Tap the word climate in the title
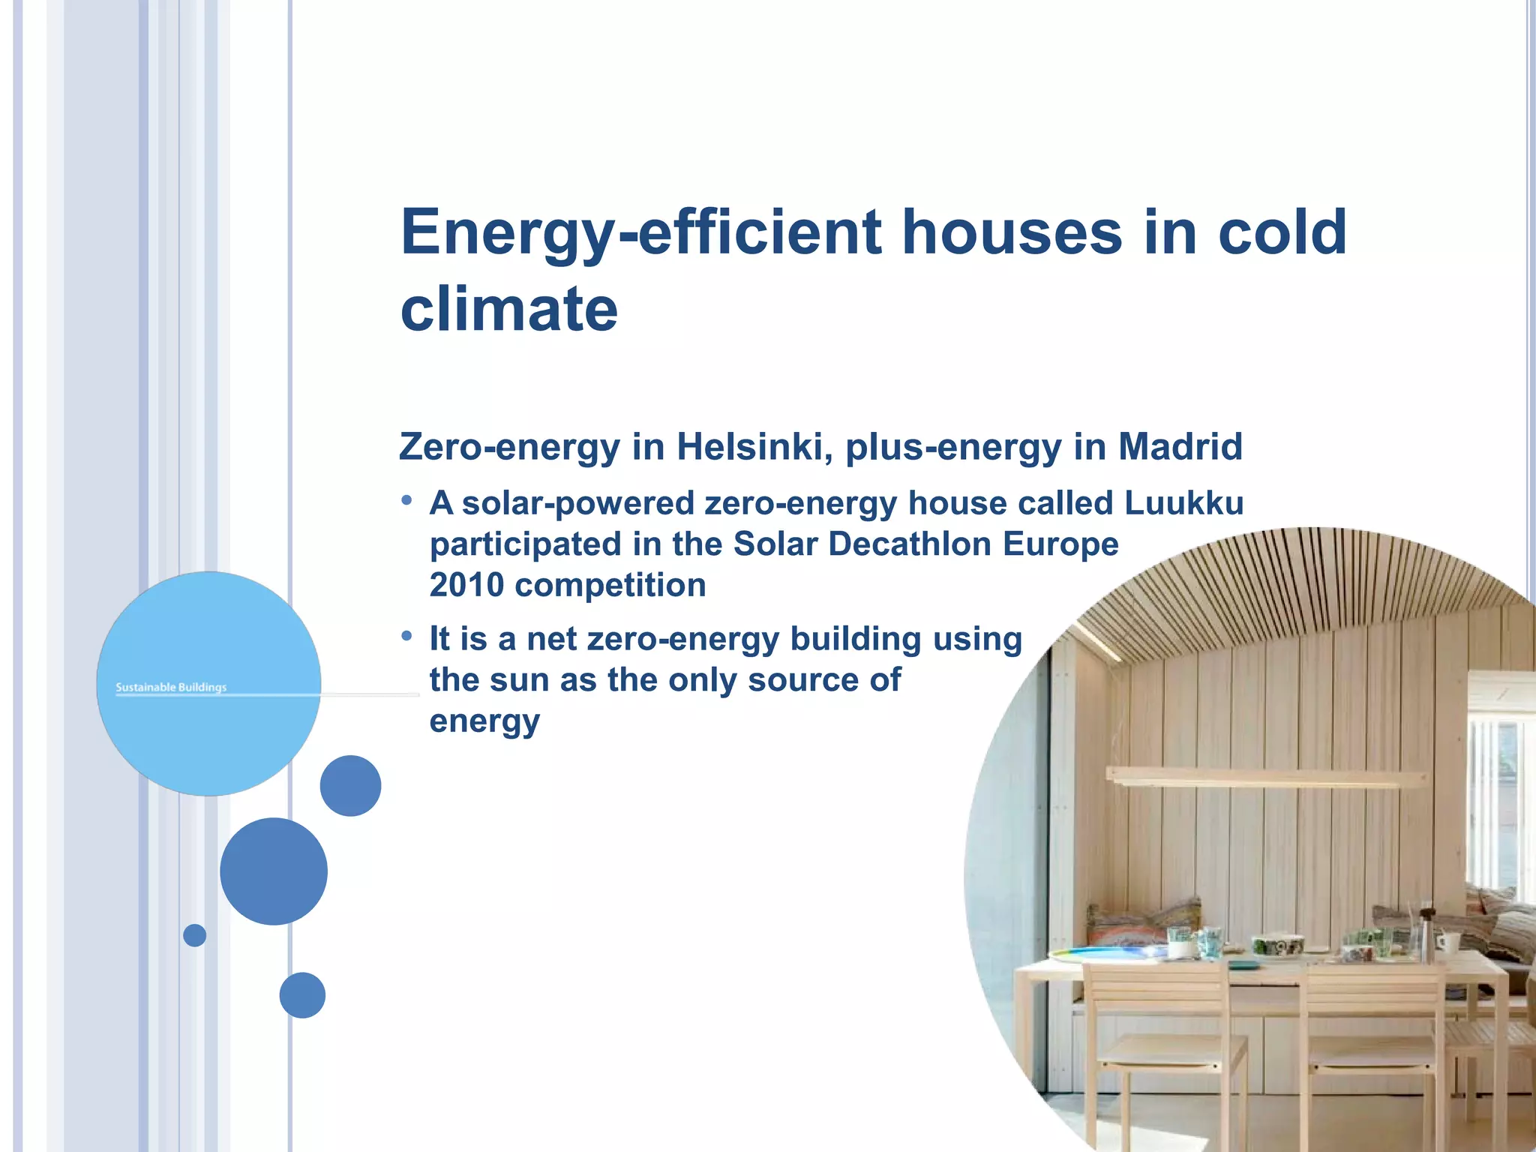(508, 309)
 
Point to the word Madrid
(1180, 447)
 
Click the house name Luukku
(1183, 503)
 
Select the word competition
(610, 586)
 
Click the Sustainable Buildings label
(171, 687)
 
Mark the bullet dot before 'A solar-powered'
(406, 500)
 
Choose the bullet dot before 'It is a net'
(406, 636)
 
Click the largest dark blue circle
(274, 871)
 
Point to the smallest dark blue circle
(194, 935)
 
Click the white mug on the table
(1445, 943)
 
